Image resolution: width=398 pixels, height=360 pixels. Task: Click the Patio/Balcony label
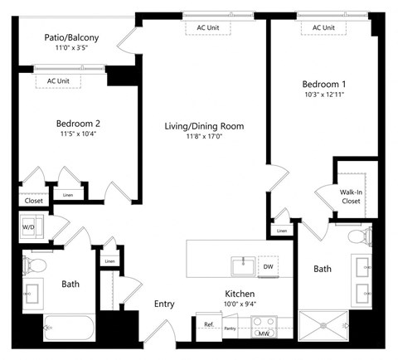point(71,37)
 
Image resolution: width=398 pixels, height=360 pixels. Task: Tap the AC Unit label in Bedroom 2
point(58,80)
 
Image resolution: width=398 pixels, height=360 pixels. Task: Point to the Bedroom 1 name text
point(323,85)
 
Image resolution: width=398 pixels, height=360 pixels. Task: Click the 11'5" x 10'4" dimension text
point(80,133)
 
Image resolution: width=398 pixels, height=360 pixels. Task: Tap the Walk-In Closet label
point(351,196)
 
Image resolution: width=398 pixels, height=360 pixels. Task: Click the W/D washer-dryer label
point(28,226)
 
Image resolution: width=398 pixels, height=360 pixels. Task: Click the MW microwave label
point(265,333)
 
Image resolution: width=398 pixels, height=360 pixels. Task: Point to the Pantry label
point(230,328)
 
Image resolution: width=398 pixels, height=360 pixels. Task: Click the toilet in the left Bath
point(35,266)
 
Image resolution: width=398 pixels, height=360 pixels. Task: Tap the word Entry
point(164,304)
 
